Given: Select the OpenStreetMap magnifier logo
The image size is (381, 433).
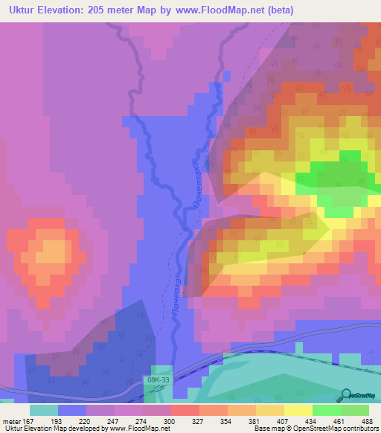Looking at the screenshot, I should tap(347, 395).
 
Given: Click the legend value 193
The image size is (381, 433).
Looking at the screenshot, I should tap(72, 420).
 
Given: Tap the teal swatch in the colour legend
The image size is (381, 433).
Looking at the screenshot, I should tap(43, 409).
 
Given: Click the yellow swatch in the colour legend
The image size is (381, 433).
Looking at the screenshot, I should tap(298, 409).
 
